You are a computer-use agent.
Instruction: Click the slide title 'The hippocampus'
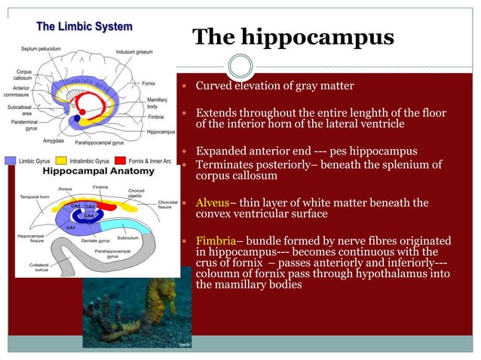point(293,37)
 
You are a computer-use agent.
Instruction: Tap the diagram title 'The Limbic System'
point(84,26)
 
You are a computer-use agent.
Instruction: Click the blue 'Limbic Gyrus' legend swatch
point(11,160)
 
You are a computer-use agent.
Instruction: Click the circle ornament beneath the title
point(240,67)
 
